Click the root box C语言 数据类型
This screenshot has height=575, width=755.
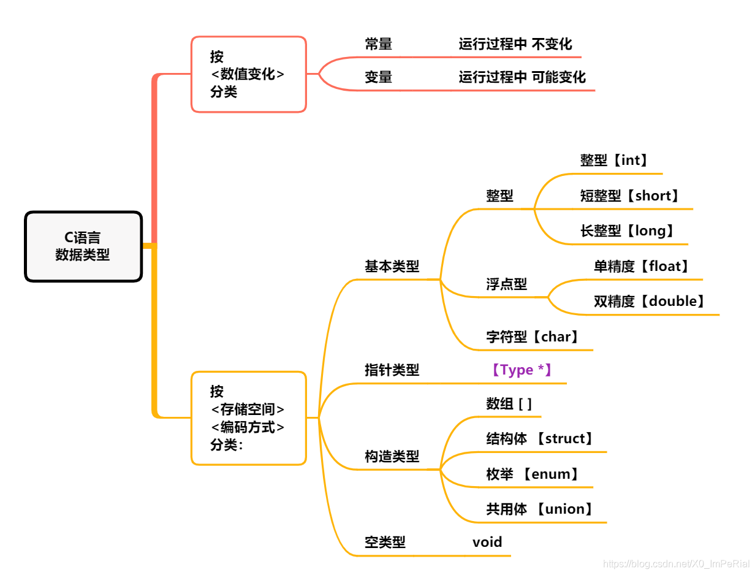(x=83, y=246)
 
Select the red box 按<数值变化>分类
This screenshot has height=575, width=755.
(x=248, y=74)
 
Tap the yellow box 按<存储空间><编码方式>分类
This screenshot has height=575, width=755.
(x=248, y=418)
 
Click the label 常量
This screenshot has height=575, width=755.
(x=379, y=44)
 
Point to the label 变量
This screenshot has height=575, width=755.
(x=379, y=77)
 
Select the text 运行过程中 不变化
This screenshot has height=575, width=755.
(x=515, y=44)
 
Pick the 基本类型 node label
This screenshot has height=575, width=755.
(x=392, y=267)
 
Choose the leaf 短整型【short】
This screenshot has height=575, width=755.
(x=631, y=196)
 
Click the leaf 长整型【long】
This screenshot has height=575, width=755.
(x=628, y=231)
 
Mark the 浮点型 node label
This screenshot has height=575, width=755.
(x=506, y=284)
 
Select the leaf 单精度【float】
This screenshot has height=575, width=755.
(x=642, y=267)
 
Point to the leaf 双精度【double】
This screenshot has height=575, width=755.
(x=650, y=302)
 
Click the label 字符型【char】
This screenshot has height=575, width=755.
(x=533, y=337)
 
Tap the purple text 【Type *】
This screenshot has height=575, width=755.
(x=521, y=370)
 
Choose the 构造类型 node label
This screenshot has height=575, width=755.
(x=392, y=457)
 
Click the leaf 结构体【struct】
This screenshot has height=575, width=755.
(x=540, y=439)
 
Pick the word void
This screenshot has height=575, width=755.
(x=487, y=542)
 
